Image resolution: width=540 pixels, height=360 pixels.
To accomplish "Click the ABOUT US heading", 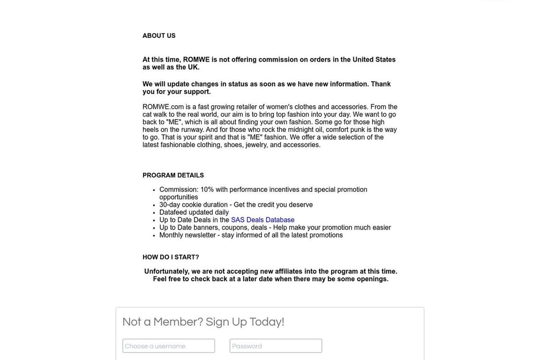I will coord(159,36).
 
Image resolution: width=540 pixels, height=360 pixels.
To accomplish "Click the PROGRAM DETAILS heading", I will coord(173,175).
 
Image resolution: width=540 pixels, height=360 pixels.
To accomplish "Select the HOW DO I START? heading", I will coord(171,257).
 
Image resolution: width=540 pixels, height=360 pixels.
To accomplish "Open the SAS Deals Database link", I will coord(262,220).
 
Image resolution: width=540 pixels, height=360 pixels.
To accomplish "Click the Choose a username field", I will coord(169,346).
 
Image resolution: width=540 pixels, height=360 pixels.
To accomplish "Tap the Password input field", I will coord(276,346).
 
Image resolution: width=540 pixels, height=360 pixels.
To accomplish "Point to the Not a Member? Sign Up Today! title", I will coord(203,322).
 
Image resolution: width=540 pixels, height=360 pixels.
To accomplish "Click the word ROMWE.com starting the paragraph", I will coord(163,107).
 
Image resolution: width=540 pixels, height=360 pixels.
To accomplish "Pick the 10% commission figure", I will coord(207,190).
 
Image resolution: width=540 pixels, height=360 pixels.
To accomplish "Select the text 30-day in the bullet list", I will coord(169,205).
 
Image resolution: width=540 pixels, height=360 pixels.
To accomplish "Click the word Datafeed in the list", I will coord(173,212).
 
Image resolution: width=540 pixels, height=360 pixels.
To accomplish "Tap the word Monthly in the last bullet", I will coord(171,235).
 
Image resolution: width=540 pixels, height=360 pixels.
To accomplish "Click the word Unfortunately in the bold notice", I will coord(166,271).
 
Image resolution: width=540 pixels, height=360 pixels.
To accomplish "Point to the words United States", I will coord(374,60).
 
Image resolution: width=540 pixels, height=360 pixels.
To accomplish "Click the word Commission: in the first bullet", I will coord(179,190).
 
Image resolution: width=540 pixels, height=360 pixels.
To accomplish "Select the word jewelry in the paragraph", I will coord(256,145).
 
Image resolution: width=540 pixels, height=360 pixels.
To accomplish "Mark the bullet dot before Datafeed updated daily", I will coord(154,213).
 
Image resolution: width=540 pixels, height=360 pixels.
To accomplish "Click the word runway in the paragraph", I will coord(192,130).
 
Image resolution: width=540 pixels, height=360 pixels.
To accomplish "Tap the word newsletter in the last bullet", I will coord(200,235).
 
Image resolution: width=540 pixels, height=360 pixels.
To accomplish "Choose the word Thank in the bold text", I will coord(381,84).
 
